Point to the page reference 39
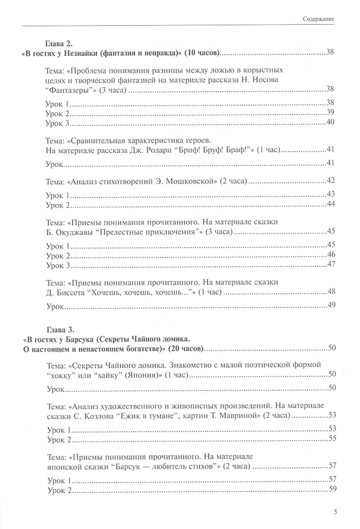(330, 112)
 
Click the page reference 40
(330, 122)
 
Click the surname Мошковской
(204, 180)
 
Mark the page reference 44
(330, 204)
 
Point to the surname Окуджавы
(71, 232)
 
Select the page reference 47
(330, 264)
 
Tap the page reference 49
(330, 304)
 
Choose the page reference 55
(331, 438)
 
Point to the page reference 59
(331, 490)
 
